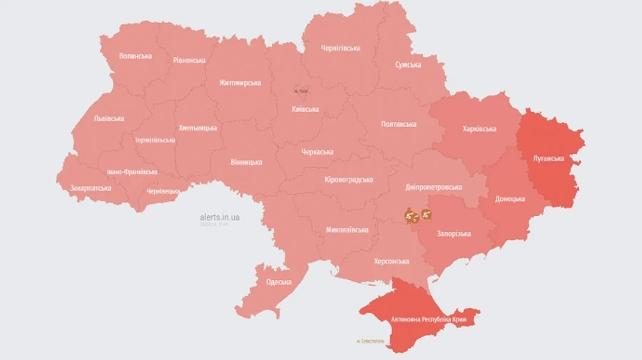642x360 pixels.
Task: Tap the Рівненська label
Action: click(189, 61)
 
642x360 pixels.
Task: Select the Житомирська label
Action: click(240, 83)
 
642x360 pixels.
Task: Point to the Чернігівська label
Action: click(340, 48)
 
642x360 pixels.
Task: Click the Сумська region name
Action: click(408, 65)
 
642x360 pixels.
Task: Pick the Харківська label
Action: click(479, 129)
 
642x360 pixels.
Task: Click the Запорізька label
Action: click(454, 234)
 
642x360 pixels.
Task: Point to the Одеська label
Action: click(279, 282)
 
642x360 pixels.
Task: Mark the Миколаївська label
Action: click(347, 230)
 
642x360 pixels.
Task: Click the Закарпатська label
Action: click(91, 188)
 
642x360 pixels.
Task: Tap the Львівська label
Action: click(109, 118)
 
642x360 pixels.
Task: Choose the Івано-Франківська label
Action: click(132, 172)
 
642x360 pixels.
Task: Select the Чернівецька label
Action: click(163, 192)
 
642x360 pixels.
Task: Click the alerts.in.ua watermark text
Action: click(220, 217)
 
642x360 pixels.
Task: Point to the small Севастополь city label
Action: click(370, 341)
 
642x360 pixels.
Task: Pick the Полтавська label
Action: click(399, 124)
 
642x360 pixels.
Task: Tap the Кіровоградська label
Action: click(349, 180)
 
